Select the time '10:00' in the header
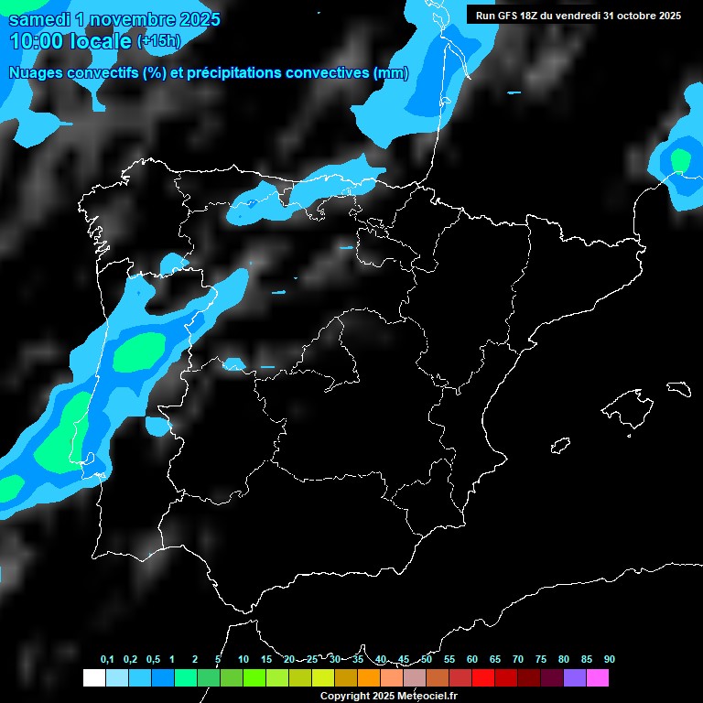38,41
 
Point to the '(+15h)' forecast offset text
159,41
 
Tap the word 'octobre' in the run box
625,15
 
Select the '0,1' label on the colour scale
107,660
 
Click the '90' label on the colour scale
610,660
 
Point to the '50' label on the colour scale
427,660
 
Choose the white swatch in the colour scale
93,677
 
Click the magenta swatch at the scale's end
598,677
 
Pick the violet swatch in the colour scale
575,677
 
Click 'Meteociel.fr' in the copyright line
423,697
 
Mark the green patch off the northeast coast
679,160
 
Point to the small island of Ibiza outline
561,445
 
